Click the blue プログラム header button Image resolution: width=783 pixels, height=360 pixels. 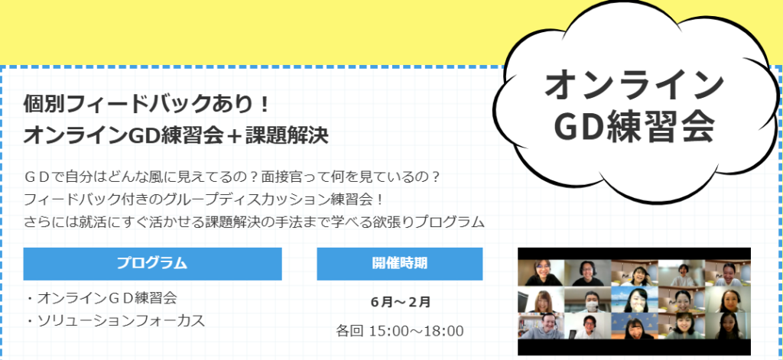[152, 264]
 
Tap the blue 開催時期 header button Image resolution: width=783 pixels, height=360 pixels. [399, 264]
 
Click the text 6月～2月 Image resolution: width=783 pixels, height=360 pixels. [401, 302]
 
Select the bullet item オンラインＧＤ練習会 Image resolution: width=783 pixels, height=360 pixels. [102, 299]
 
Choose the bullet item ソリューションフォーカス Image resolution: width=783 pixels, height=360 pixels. [116, 321]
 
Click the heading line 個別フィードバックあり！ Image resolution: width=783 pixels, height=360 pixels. [148, 105]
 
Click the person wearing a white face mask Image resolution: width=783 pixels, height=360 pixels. [588, 299]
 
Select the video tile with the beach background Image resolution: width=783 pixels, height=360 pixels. [634, 299]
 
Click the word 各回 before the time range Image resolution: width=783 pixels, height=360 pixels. [349, 331]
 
